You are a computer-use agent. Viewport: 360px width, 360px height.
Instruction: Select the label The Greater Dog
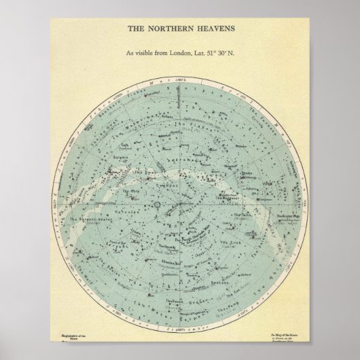pyautogui.click(x=290, y=217)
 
